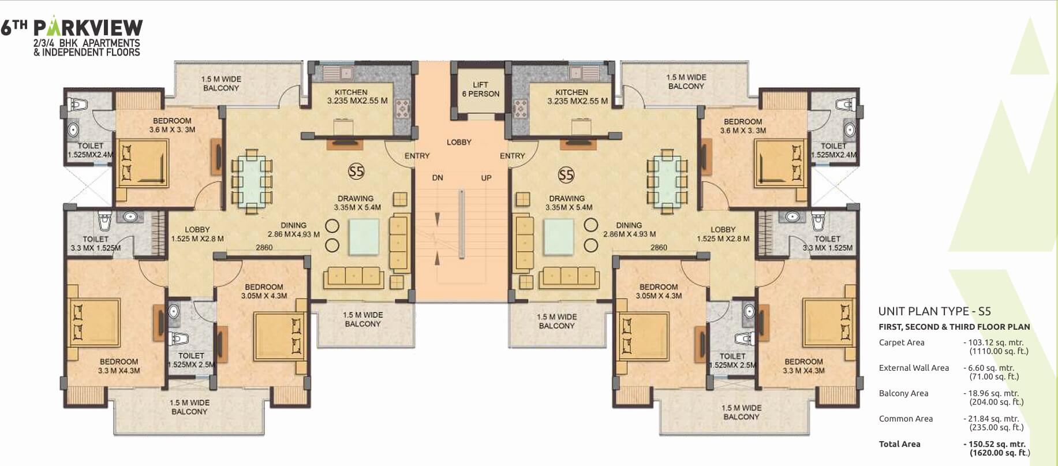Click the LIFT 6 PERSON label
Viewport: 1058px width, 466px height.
click(480, 89)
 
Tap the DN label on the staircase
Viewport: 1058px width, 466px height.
click(438, 178)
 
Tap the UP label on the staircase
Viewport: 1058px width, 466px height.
click(486, 178)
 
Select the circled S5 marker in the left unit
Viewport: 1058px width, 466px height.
click(356, 172)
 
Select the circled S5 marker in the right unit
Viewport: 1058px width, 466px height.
click(566, 175)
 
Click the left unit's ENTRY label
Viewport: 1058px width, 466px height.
click(417, 156)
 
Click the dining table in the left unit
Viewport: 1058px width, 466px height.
click(252, 182)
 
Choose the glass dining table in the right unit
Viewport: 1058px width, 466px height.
click(667, 181)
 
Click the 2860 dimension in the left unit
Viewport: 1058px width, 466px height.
click(264, 247)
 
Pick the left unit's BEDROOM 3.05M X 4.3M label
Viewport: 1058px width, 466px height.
click(264, 291)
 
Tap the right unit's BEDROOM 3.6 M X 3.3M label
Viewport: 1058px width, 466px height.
click(743, 126)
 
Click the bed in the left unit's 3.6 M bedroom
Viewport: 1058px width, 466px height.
click(143, 162)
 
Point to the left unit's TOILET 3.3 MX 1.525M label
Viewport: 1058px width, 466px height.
click(95, 243)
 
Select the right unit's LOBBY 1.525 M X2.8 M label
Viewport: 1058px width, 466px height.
click(723, 234)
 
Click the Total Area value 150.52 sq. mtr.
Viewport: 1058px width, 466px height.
click(994, 444)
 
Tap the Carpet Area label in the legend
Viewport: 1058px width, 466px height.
click(902, 342)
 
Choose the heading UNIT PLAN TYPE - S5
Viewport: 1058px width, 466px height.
click(934, 311)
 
